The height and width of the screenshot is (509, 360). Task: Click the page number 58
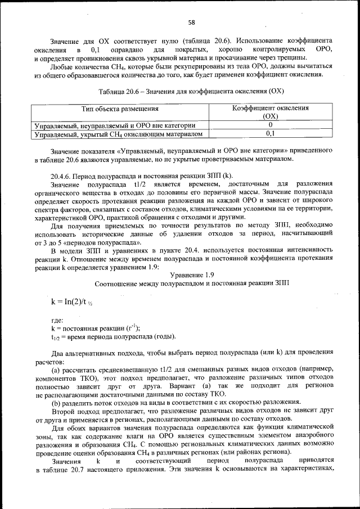pyautogui.click(x=191, y=22)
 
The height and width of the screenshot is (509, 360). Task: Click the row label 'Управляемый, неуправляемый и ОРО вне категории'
pyautogui.click(x=115, y=125)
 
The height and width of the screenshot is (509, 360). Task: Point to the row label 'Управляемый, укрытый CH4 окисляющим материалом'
pyautogui.click(x=118, y=134)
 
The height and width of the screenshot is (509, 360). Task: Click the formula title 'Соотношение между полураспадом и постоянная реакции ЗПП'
pyautogui.click(x=191, y=283)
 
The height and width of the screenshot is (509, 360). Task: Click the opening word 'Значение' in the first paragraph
pyautogui.click(x=65, y=41)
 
